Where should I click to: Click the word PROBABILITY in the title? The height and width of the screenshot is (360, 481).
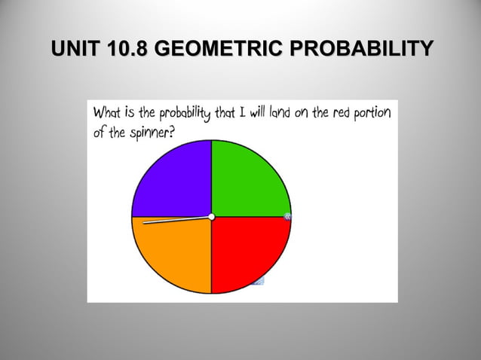[363, 50]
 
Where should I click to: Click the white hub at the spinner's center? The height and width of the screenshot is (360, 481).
[212, 217]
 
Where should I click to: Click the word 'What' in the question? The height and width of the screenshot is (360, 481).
[107, 113]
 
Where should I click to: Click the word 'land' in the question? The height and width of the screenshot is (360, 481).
[275, 114]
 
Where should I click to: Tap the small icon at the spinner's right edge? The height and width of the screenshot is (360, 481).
[288, 218]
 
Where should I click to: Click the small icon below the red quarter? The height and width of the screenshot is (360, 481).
[259, 282]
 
